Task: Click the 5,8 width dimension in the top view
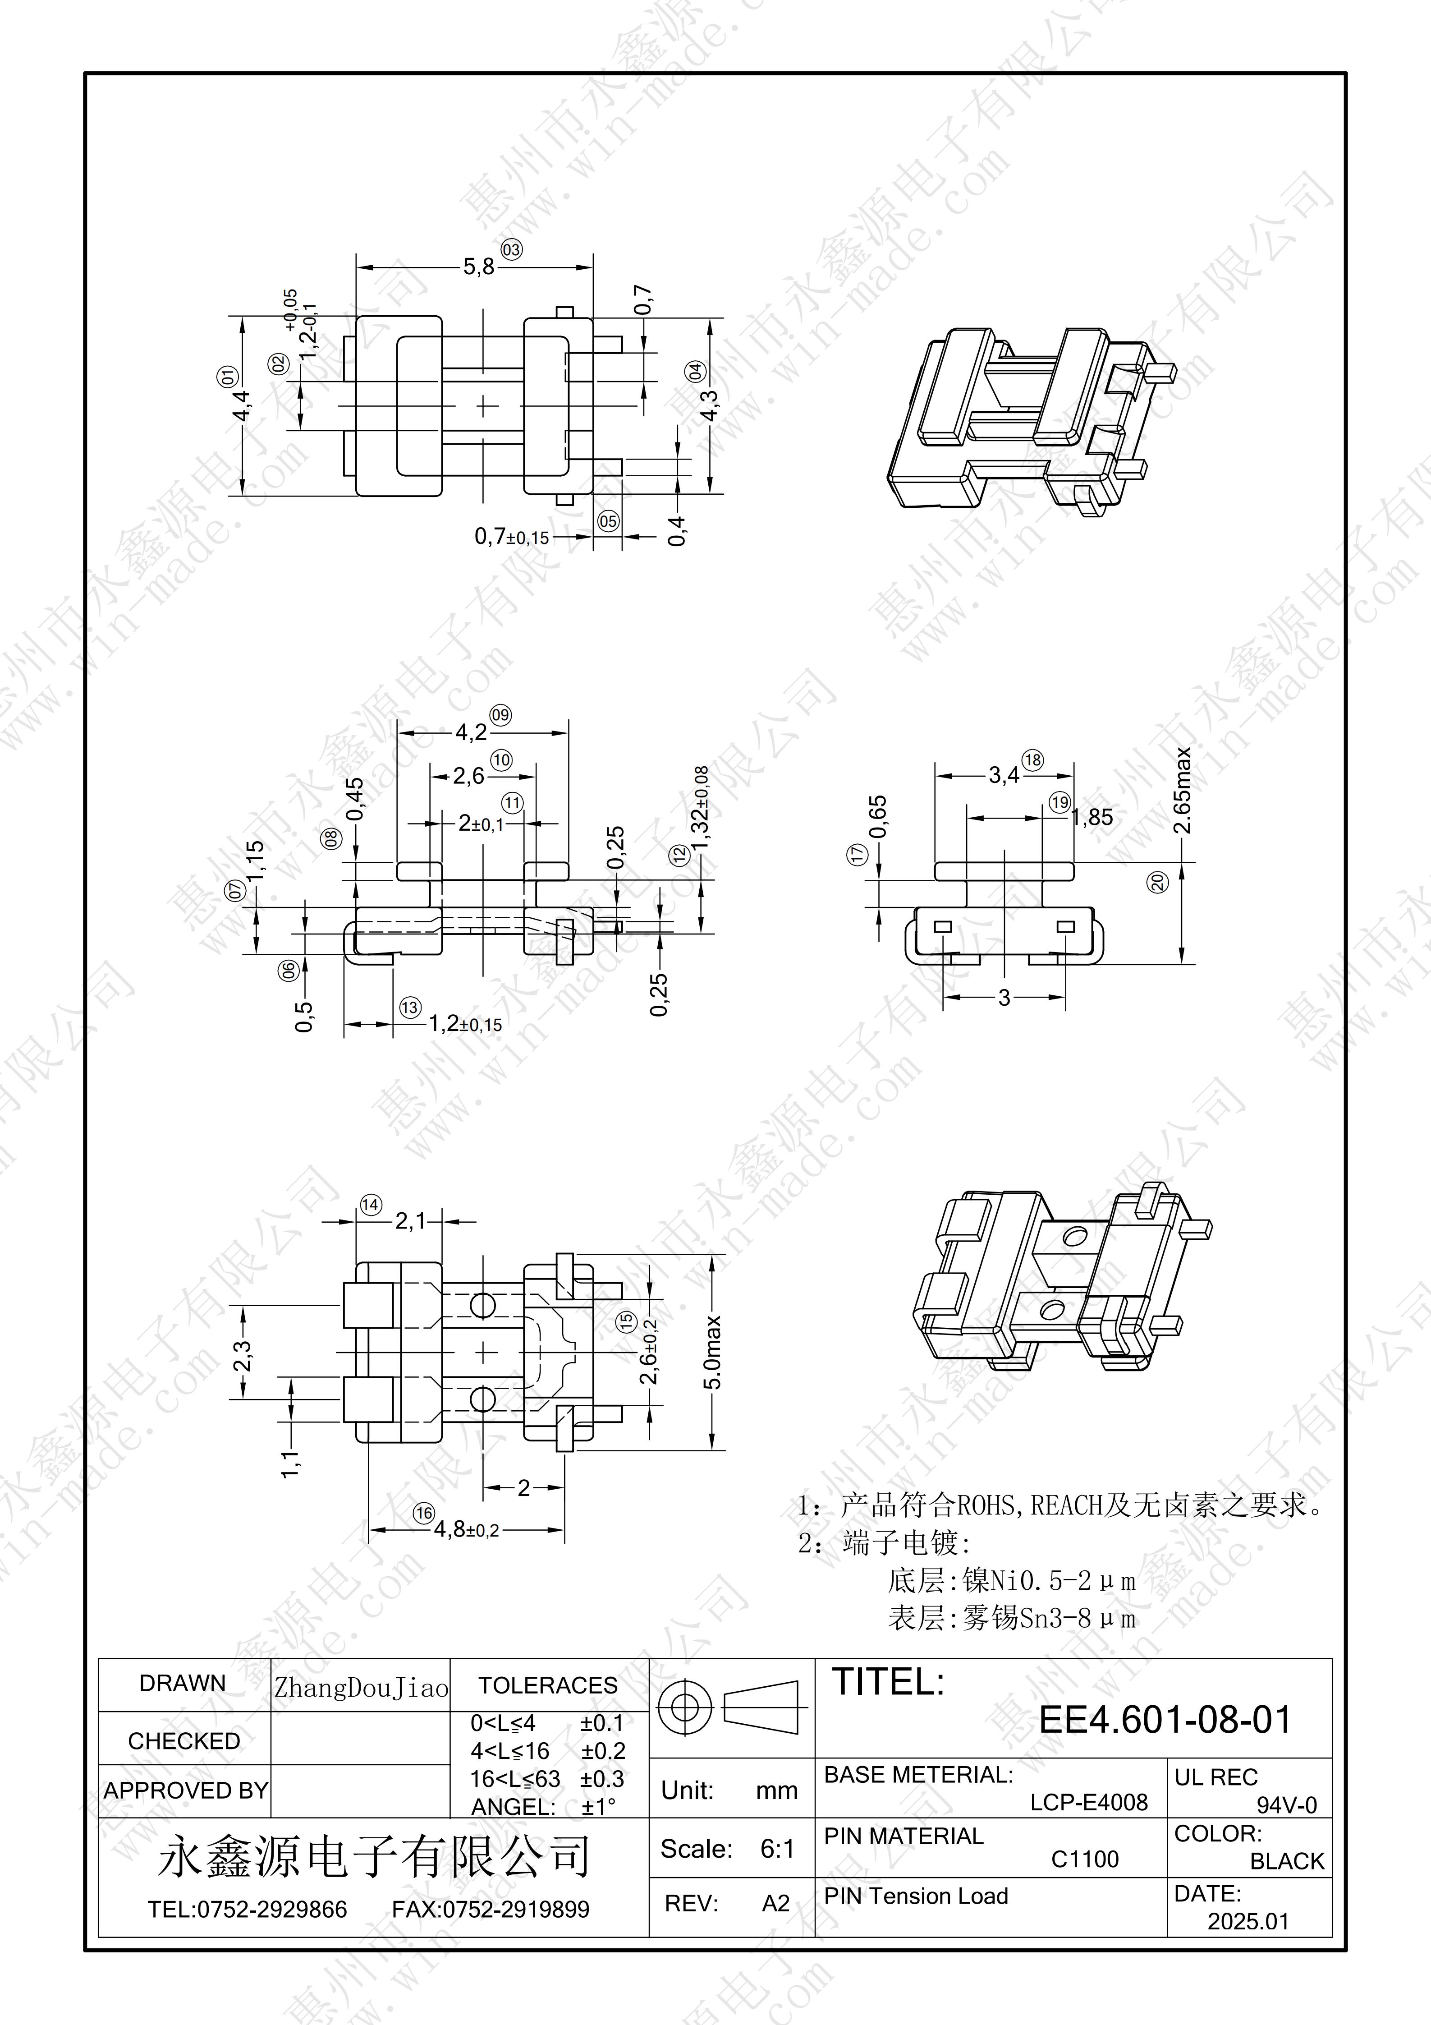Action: pos(479,267)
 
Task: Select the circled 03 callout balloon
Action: pos(511,249)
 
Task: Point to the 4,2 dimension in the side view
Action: pos(471,732)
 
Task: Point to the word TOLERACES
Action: pos(547,1685)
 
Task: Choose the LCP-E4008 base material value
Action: pos(1089,1802)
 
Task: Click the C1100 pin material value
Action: pos(1084,1859)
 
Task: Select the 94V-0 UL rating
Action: pos(1286,1804)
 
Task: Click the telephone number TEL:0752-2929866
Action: pos(248,1910)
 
